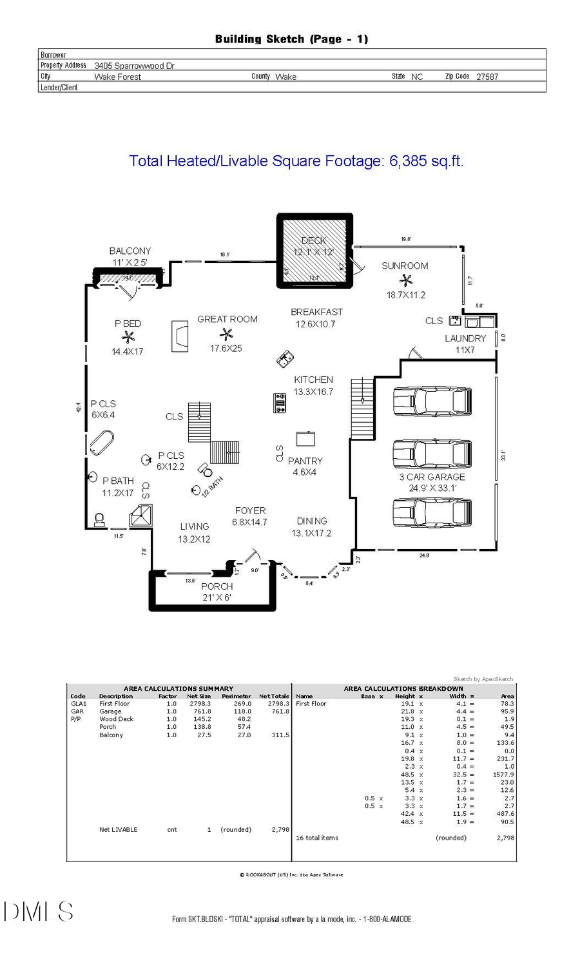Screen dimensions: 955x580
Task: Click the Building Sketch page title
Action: [291, 39]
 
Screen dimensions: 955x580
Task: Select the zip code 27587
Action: [487, 77]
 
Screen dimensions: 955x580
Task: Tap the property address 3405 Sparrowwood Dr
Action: [134, 66]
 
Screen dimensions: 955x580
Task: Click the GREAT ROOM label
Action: [227, 319]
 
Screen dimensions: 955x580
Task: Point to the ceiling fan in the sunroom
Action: [405, 280]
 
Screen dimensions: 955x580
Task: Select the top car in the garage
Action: [432, 401]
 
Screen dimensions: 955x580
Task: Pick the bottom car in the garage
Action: [432, 513]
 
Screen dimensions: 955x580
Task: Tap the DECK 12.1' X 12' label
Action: [314, 246]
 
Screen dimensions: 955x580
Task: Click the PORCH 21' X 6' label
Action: [217, 592]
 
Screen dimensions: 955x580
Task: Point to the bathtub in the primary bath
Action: [101, 443]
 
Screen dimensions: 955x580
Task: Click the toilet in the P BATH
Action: [100, 519]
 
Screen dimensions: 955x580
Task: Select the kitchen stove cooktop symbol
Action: [280, 403]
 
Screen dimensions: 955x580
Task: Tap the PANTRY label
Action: [305, 461]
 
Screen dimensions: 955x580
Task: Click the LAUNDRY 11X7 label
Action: [465, 344]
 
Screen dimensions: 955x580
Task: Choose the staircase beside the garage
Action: [362, 409]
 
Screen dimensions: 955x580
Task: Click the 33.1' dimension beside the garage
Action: [503, 454]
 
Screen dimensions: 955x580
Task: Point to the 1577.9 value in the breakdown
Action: [503, 775]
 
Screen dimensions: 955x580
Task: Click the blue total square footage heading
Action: [296, 161]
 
